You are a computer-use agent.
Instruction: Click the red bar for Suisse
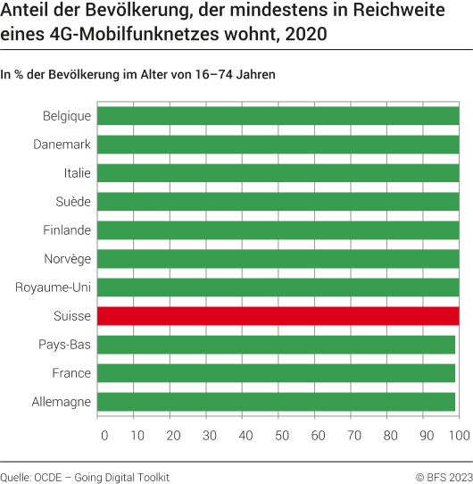tap(278, 316)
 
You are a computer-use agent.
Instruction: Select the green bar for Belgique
tap(278, 116)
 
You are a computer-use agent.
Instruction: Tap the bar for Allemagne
tap(276, 402)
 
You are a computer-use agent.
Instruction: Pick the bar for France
tap(276, 373)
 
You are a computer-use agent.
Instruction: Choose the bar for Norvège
tap(278, 259)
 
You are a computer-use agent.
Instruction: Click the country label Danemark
tap(62, 145)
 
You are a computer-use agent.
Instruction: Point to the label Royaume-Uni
tap(54, 288)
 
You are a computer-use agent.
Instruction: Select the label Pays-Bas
tap(65, 345)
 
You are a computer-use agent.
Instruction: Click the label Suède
tap(71, 202)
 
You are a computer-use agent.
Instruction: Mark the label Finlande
tap(67, 230)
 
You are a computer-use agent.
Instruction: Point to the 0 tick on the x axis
tap(104, 435)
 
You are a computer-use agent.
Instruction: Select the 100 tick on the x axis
tap(458, 435)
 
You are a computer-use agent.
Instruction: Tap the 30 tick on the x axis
tap(210, 435)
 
